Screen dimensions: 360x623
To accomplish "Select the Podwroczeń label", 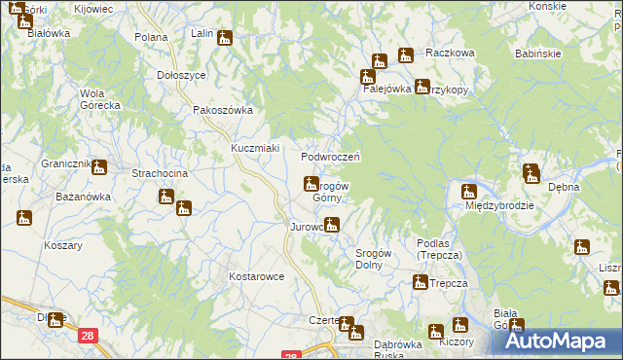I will [331, 157].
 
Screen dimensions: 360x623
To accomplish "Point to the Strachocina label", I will [160, 173].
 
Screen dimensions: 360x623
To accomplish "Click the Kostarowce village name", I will [256, 276].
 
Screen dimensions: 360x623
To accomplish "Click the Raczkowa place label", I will [449, 53].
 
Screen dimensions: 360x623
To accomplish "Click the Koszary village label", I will [62, 245].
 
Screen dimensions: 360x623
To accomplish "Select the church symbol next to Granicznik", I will [99, 167].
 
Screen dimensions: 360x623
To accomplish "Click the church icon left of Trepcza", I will [420, 283].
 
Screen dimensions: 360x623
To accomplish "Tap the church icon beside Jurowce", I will [332, 227].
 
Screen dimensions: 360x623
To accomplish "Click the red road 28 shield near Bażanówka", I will [89, 336].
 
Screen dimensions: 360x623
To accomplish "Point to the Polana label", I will [152, 37].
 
